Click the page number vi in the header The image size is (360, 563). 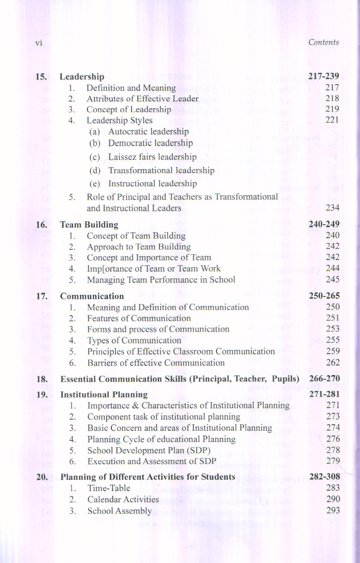coord(39,43)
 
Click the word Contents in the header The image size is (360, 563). coord(323,42)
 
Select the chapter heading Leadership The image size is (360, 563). coord(81,77)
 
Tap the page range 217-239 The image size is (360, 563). coord(324,76)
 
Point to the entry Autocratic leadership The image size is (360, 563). coord(148,131)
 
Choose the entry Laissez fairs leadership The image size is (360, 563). coord(152,157)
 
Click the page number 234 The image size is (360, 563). coord(332,208)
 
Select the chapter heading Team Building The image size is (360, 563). coord(89,225)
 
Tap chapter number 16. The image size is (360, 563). coord(42,225)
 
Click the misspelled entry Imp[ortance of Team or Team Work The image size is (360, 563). coord(153,269)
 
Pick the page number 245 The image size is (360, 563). coord(332,279)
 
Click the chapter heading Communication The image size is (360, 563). coord(92,296)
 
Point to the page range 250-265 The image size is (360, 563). coord(324,296)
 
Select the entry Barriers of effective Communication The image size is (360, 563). coord(156,363)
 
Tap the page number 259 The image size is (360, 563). coord(332,351)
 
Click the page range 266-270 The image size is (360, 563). coord(324,379)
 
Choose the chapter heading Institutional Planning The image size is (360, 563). coord(104,394)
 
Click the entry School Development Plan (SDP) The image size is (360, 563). coord(149,450)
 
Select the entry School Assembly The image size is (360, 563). coord(120,511)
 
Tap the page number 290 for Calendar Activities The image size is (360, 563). coord(332,499)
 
